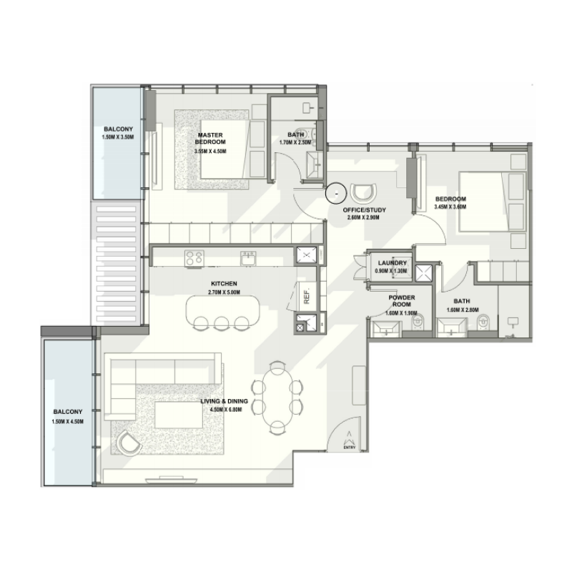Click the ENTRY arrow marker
coord(349,437)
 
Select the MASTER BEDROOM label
coord(211,137)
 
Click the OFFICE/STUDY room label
coord(365,209)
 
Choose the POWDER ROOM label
coord(402,301)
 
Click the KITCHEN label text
coord(222,284)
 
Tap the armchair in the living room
coord(129,443)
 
